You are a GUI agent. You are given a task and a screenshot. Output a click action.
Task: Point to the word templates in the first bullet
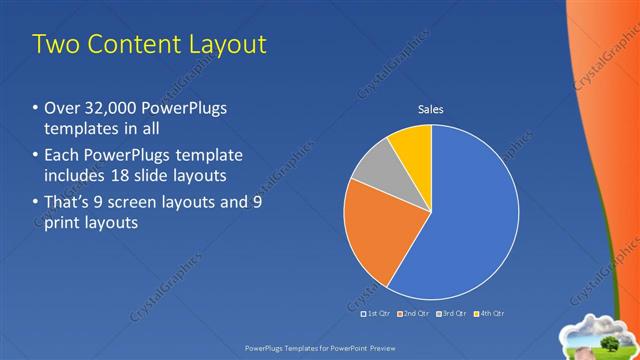[x=80, y=130]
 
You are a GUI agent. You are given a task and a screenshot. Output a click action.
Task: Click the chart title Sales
[x=430, y=109]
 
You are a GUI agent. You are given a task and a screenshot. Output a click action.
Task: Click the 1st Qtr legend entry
[x=375, y=314]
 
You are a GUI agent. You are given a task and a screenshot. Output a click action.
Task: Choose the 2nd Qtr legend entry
[x=414, y=314]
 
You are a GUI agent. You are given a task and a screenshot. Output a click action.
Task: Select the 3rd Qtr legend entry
[x=452, y=314]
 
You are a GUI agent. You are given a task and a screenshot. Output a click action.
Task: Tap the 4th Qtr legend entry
[x=490, y=314]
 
